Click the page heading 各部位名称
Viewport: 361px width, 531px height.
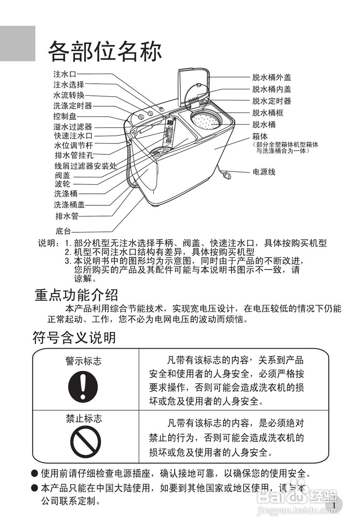pyautogui.click(x=105, y=52)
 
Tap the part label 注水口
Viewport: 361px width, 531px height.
pyautogui.click(x=65, y=74)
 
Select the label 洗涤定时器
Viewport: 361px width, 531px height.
pyautogui.click(x=73, y=106)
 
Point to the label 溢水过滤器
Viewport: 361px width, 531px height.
pyautogui.click(x=73, y=127)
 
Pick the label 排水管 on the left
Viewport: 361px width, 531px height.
pyautogui.click(x=67, y=216)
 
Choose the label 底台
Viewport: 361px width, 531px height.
pyautogui.click(x=63, y=231)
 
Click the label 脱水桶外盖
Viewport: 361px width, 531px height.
pyautogui.click(x=271, y=77)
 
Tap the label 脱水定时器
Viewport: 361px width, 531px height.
pyautogui.click(x=271, y=101)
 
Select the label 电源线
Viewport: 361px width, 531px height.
pyautogui.click(x=264, y=172)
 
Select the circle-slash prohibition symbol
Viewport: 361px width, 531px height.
pyautogui.click(x=85, y=441)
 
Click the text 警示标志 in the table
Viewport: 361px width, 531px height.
pyautogui.click(x=83, y=361)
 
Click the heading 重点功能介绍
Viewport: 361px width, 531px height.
pyautogui.click(x=76, y=295)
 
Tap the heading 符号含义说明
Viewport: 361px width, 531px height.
pyautogui.click(x=74, y=338)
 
